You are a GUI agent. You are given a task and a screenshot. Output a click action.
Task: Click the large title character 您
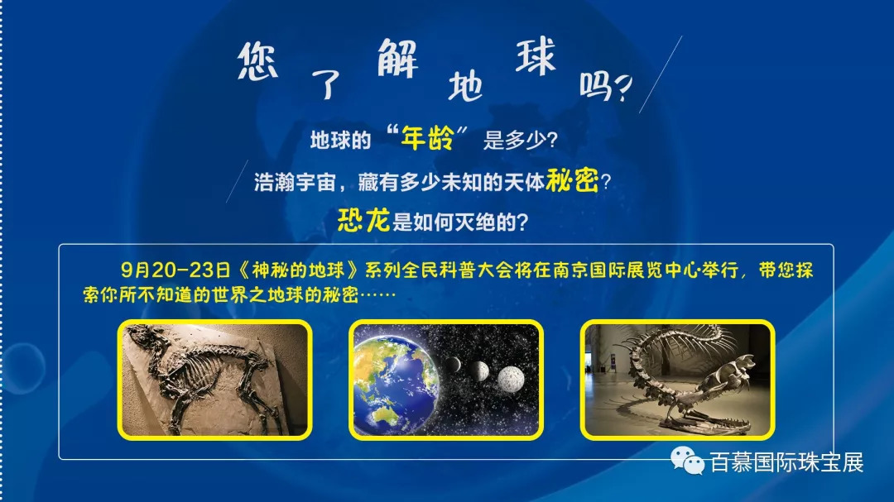point(257,61)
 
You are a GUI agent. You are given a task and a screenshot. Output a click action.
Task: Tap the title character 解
point(397,58)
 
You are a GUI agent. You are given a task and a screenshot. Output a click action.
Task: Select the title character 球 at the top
point(536,56)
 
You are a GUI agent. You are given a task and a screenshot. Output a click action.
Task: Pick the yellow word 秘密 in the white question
point(572,180)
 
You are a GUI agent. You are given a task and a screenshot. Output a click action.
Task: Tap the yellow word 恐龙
point(363,220)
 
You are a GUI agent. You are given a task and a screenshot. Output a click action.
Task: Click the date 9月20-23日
point(175,270)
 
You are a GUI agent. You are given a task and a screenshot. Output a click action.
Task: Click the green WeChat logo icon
point(687,460)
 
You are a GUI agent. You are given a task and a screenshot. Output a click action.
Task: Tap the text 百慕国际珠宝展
point(787,462)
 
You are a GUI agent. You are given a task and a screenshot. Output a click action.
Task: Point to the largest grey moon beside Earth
point(511,378)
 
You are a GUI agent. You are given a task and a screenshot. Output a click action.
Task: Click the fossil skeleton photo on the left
point(215,380)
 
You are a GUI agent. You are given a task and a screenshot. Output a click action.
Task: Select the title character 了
point(325,85)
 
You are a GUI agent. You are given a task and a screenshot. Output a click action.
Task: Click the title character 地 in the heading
point(465,86)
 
